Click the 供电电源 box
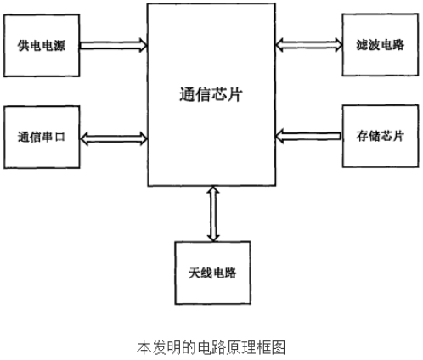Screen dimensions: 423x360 tap(42, 45)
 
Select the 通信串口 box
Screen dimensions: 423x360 tap(42, 138)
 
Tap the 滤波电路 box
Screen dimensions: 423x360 tap(381, 45)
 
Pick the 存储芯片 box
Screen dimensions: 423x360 tap(381, 136)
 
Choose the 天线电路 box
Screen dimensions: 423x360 tap(212, 273)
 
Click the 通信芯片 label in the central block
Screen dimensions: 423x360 tap(211, 94)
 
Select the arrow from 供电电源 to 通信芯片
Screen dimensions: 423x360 tap(114, 45)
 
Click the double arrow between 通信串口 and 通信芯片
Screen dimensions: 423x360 tap(114, 138)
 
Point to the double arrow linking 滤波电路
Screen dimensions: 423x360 tap(308, 45)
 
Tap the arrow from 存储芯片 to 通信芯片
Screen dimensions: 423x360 tap(308, 136)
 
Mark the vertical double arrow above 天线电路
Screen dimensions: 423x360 tap(213, 214)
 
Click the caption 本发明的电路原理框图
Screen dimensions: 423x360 tap(211, 347)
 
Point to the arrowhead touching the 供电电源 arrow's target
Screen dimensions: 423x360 tap(143, 45)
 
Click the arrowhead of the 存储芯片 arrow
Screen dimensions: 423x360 tap(279, 136)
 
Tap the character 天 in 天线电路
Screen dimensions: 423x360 tap(195, 273)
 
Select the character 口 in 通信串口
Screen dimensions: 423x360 tap(59, 138)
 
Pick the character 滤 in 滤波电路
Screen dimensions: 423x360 tap(362, 45)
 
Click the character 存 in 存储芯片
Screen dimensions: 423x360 tap(362, 136)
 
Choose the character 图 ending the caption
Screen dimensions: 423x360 tap(278, 347)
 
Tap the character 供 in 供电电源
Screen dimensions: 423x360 tap(24, 45)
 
